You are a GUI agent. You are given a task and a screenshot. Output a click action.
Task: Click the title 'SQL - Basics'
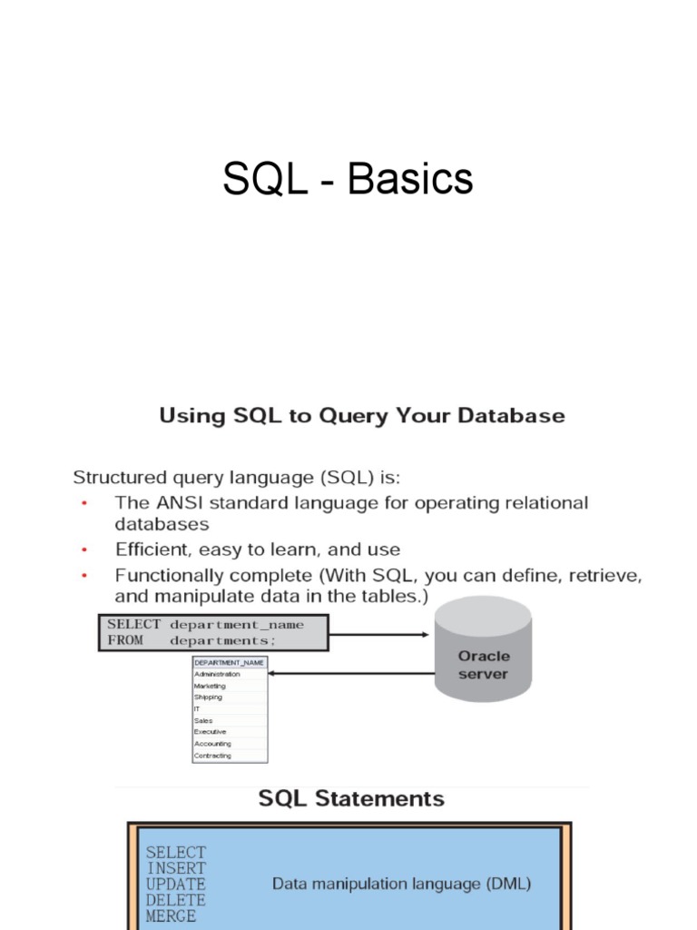point(348,179)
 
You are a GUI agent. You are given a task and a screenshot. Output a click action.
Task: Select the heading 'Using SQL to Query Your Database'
point(362,417)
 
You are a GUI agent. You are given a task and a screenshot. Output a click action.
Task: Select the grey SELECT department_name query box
point(212,632)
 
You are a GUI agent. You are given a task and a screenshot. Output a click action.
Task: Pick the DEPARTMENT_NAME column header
point(230,663)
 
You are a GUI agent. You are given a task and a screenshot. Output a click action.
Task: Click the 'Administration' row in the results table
point(230,675)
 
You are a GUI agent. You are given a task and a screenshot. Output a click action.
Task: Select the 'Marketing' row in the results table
point(230,687)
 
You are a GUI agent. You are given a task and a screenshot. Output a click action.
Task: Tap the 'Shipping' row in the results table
point(230,697)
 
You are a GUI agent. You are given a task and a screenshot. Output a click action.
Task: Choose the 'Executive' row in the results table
point(230,732)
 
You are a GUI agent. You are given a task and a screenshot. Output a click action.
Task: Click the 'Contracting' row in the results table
point(230,756)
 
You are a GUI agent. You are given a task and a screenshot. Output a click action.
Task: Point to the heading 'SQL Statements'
point(352,799)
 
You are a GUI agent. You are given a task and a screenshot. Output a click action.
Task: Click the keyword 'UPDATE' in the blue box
point(176,884)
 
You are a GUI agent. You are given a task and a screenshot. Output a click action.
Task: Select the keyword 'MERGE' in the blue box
point(171,917)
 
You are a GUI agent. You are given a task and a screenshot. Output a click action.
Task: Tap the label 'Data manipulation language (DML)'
point(402,884)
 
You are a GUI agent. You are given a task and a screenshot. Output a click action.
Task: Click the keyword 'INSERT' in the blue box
point(176,867)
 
